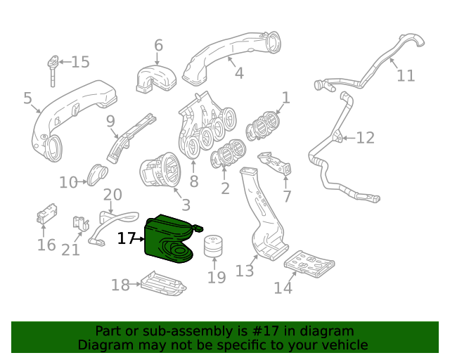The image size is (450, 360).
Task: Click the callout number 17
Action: (x=126, y=239)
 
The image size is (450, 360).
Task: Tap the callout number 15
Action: (x=81, y=62)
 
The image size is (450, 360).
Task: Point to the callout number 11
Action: (x=406, y=75)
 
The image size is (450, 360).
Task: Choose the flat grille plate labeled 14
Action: (x=309, y=264)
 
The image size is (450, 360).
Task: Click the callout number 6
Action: (x=158, y=46)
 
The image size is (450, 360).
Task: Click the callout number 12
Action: (x=366, y=138)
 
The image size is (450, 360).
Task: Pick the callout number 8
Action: (x=193, y=181)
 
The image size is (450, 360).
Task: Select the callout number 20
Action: (x=112, y=195)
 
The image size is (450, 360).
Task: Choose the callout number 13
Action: (x=244, y=271)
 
